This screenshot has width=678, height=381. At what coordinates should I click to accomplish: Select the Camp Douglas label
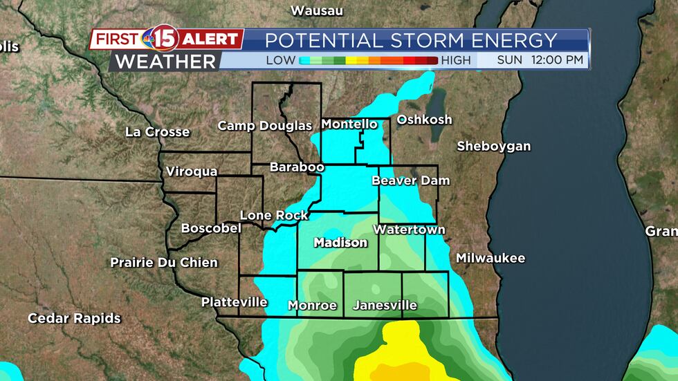265,125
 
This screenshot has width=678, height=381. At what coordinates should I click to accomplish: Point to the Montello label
349,124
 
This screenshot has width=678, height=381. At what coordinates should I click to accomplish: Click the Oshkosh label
424,120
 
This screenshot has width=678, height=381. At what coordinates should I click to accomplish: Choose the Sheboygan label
493,146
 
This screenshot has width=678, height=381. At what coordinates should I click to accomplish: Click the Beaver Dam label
411,180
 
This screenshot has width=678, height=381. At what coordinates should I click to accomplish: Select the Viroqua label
192,171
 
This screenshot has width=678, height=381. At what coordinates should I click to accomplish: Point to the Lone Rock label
274,215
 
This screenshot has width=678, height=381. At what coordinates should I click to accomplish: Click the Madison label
340,243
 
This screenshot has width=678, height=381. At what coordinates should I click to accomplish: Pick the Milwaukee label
491,258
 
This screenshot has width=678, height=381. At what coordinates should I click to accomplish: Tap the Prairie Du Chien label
164,262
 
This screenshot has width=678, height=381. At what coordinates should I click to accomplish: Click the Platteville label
235,302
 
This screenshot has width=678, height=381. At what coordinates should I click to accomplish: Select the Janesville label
385,305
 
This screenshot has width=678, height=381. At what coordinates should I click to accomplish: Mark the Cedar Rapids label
74,318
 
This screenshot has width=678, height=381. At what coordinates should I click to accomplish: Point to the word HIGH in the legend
455,60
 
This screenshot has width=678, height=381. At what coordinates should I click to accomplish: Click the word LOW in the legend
281,60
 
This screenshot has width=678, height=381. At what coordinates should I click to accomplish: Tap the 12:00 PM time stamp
558,60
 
